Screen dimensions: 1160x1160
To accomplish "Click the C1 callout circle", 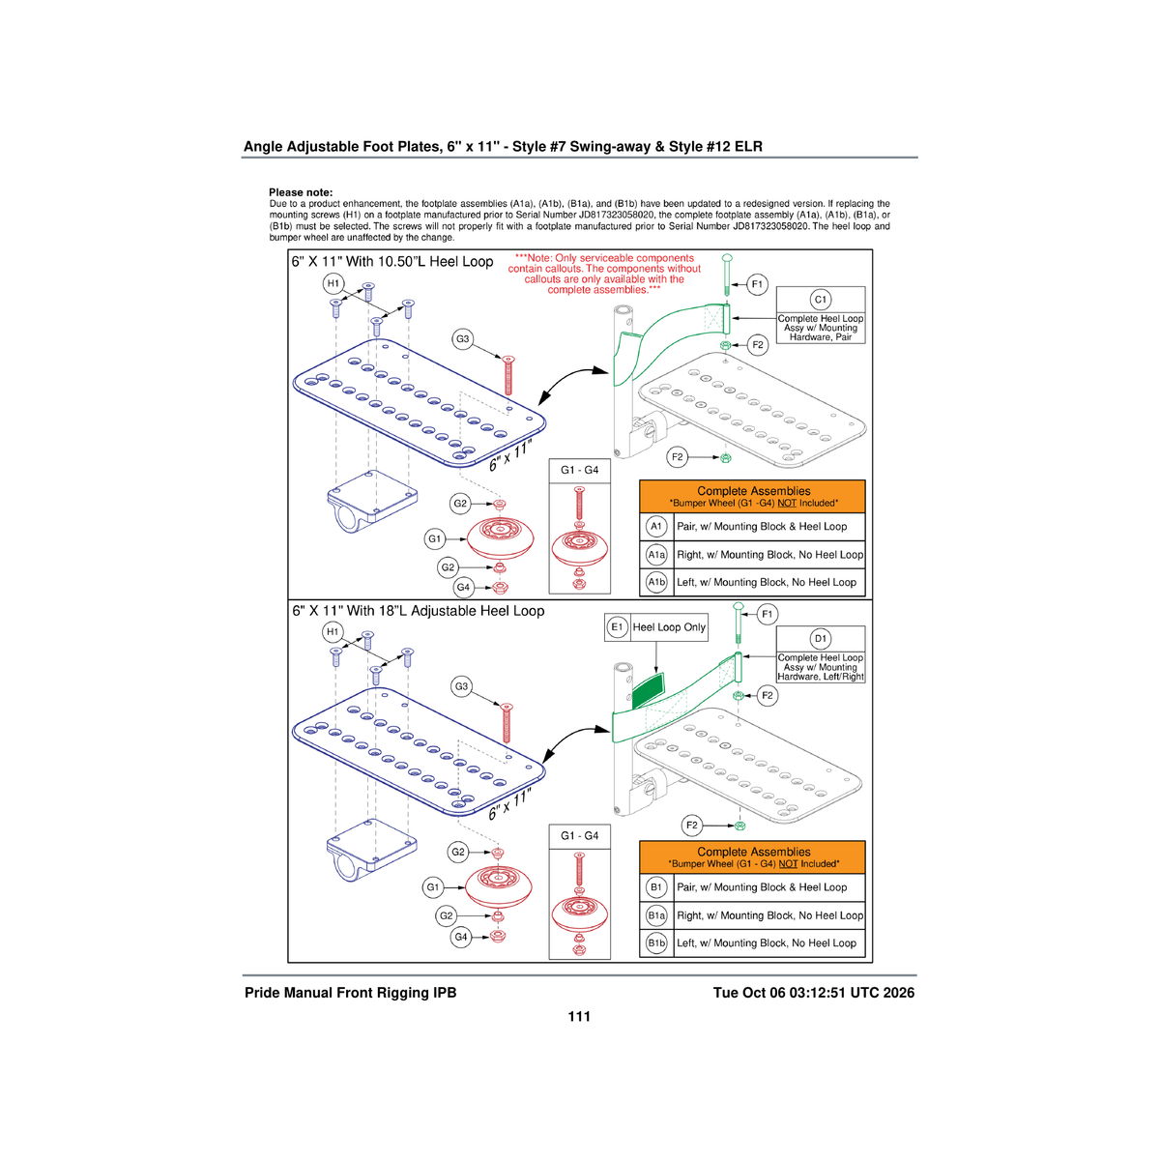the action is [821, 299].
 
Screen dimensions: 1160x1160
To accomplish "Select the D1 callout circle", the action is [821, 639].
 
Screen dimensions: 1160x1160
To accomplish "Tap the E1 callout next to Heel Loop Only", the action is [617, 627].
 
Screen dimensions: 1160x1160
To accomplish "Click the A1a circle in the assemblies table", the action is [656, 555].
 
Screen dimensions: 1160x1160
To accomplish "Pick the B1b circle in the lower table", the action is [656, 942].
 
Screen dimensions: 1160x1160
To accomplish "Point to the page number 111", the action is [579, 1017].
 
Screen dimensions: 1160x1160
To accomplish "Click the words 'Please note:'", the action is [301, 192].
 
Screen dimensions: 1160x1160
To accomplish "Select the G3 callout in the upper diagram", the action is [462, 339].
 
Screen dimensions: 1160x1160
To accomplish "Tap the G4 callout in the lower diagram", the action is [461, 937].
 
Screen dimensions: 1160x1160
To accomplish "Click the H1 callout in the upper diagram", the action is [333, 283].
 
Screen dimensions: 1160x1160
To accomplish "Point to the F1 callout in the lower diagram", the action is [767, 614].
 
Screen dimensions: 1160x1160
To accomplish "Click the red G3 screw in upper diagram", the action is [508, 375].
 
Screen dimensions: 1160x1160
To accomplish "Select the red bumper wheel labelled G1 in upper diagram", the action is [500, 537].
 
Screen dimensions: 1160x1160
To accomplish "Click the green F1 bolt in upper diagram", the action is [727, 275].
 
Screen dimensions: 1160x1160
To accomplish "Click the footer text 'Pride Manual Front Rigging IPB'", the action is [350, 993].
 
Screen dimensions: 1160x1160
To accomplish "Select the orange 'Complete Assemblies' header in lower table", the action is [752, 857].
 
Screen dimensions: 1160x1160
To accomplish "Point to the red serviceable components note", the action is [604, 274].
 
